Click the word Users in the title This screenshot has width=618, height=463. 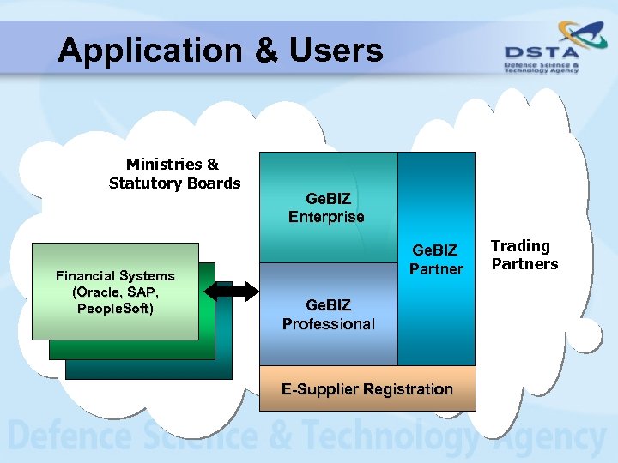(336, 51)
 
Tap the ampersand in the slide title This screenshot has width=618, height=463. (268, 51)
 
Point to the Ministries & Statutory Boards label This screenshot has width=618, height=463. (174, 173)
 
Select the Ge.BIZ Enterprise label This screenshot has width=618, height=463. (326, 208)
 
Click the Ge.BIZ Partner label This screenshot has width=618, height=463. (436, 260)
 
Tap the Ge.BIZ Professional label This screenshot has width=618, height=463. (329, 315)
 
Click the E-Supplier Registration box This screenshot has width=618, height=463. (367, 389)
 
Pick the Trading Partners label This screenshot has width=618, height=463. (524, 255)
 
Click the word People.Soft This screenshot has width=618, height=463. (115, 308)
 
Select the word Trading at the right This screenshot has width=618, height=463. (520, 246)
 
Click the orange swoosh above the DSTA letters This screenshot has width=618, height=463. (566, 35)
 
